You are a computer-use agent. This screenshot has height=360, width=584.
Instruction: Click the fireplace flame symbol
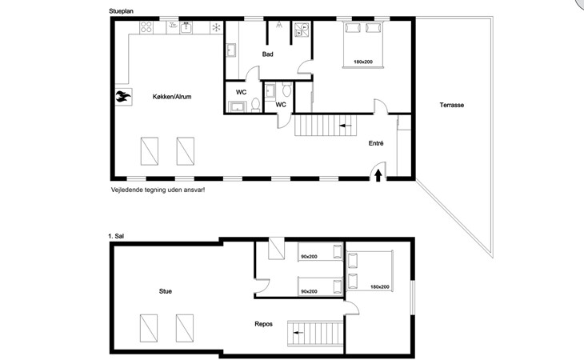point(123,97)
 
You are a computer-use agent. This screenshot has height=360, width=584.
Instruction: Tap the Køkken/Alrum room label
point(172,97)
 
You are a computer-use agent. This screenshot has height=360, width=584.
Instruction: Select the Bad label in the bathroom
point(267,54)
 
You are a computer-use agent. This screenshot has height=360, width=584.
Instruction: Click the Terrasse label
point(452,105)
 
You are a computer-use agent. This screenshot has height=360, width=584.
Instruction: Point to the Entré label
point(376,143)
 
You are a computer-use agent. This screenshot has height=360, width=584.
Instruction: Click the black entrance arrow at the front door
point(378,175)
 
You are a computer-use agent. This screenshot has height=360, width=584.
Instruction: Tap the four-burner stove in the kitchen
point(146,27)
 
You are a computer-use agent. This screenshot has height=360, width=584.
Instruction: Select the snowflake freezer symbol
point(216,27)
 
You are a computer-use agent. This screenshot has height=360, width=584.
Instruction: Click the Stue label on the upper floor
point(166,291)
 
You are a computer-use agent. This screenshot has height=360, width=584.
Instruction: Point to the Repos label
point(264,324)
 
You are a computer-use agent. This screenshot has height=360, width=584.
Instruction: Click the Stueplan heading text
point(121,11)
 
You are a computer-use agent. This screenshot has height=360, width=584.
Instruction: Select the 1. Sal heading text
point(116,236)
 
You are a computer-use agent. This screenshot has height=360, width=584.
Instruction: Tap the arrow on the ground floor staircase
point(346,126)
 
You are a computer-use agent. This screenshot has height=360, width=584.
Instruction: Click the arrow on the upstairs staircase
point(298,333)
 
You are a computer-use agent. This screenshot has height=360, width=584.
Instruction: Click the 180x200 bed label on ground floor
point(363,62)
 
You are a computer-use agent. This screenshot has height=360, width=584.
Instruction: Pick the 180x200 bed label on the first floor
point(380,286)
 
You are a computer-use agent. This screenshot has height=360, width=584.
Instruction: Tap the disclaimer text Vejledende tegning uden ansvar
point(158,190)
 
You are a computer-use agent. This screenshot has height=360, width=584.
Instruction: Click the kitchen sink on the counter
point(186,27)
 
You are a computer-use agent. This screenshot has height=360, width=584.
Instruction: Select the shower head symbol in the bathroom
point(279,25)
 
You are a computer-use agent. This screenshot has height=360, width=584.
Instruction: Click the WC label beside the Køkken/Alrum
point(242,92)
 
